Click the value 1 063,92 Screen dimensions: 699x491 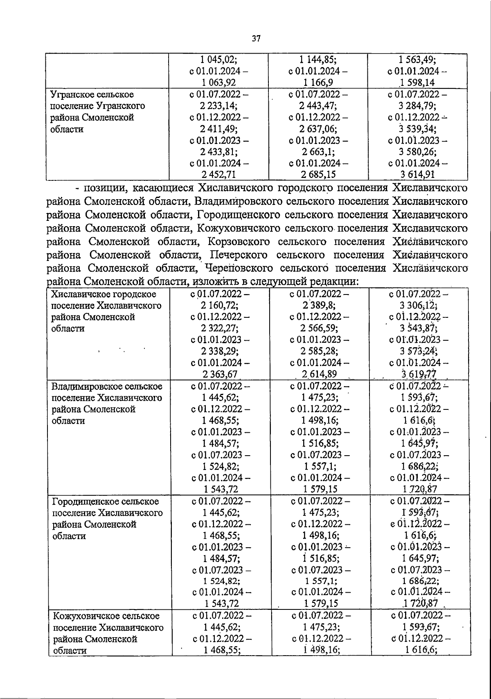(219, 83)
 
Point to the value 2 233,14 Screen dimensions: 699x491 (219, 106)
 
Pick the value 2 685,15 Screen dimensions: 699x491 (318, 175)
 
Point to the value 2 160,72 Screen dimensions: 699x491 (220, 305)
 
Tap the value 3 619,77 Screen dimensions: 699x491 (419, 374)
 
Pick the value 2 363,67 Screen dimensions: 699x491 (220, 374)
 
